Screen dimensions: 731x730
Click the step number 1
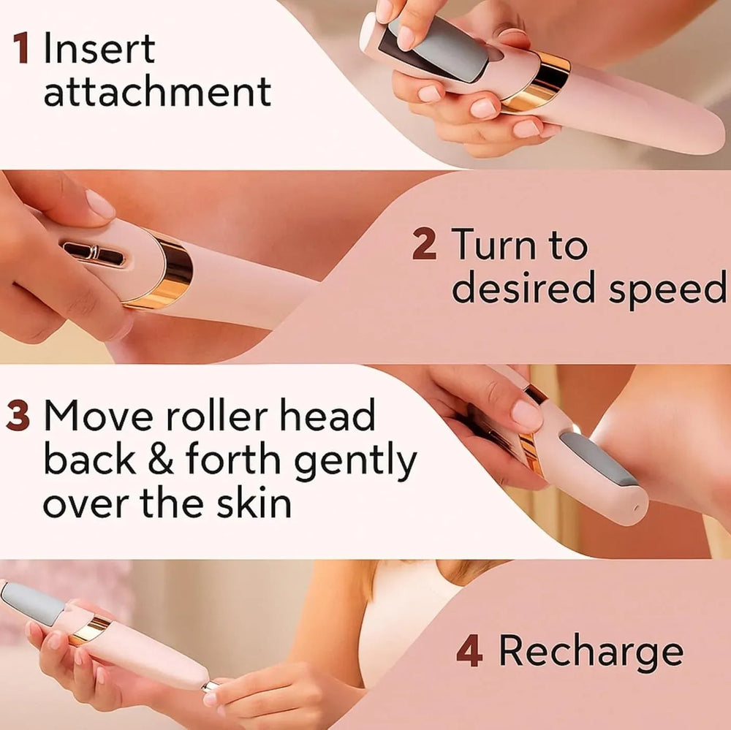click(21, 47)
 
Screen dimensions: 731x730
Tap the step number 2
click(424, 243)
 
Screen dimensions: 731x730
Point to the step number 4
click(469, 651)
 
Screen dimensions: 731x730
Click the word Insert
click(99, 47)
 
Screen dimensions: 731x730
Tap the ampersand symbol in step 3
click(161, 459)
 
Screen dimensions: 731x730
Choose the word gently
click(356, 461)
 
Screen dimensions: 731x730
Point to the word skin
click(254, 503)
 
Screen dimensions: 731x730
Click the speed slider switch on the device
click(94, 254)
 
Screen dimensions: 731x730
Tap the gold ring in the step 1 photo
click(537, 83)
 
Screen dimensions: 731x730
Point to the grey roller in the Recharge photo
click(32, 603)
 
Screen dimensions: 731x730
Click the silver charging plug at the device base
click(211, 685)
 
